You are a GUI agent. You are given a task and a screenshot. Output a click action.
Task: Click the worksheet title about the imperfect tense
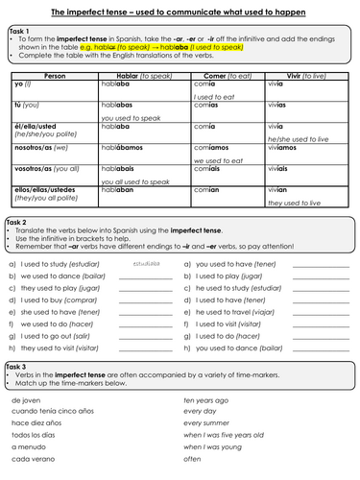[x=180, y=10]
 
